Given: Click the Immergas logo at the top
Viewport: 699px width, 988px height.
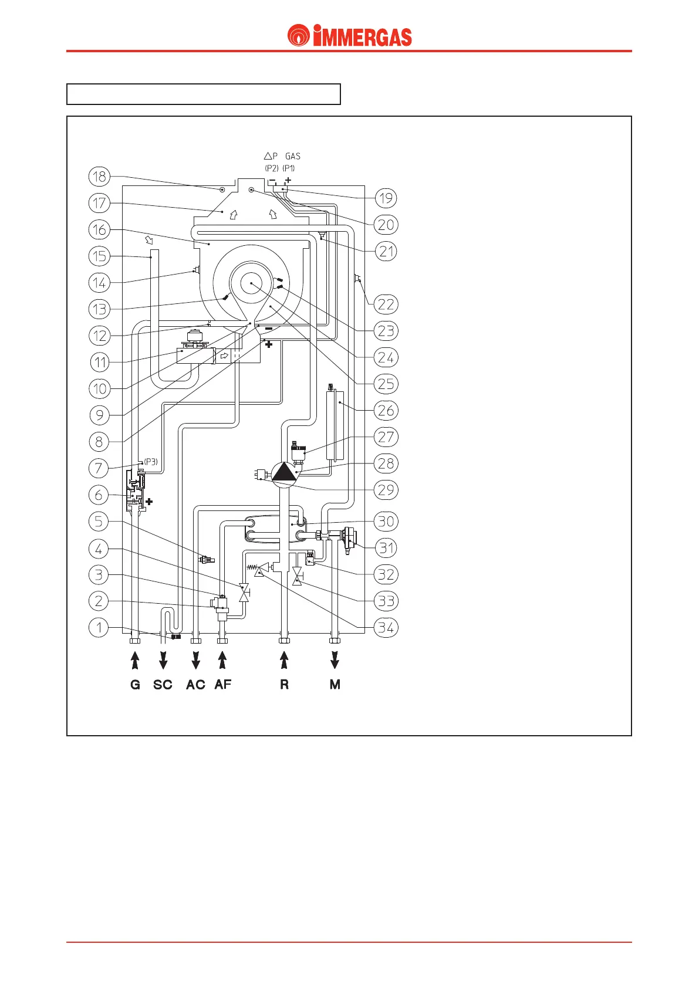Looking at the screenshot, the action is (x=350, y=36).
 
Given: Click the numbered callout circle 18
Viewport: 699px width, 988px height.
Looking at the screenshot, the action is (x=99, y=176).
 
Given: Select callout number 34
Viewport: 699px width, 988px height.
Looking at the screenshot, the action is (x=386, y=627).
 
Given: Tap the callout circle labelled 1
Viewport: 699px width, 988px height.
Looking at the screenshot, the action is (x=99, y=627).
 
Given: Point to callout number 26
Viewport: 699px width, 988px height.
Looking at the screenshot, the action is (x=386, y=410).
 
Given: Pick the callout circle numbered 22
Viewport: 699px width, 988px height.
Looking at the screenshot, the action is (x=386, y=304).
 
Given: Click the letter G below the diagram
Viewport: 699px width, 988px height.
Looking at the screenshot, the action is (x=135, y=685).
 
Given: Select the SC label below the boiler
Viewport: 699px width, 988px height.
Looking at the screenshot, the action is (x=163, y=685).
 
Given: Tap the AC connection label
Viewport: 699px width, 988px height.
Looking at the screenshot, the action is (x=195, y=685).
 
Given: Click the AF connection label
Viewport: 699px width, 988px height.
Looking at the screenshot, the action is (x=223, y=685).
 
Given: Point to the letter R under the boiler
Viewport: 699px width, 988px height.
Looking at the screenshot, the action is (x=285, y=685).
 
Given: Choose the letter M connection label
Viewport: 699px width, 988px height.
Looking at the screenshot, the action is (x=335, y=685).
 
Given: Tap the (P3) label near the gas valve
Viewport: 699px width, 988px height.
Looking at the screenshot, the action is (x=151, y=462).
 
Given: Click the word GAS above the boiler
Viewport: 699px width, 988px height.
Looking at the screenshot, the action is (x=292, y=156).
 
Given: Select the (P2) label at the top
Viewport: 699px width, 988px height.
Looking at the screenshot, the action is (x=271, y=168).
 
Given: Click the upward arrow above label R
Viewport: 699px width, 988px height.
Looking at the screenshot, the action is (x=285, y=660).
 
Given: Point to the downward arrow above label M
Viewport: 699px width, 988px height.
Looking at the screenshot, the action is (x=335, y=660).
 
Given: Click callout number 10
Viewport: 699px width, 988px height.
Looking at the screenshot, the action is (x=99, y=388).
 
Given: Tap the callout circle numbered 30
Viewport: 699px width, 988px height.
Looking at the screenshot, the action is (x=386, y=521).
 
